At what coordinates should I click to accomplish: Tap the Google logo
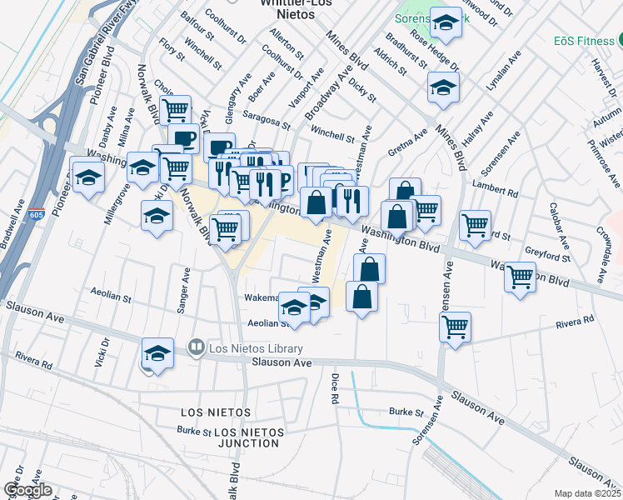point(27,490)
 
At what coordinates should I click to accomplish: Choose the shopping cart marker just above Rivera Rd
point(455,327)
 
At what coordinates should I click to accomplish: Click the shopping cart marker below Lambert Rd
point(475,224)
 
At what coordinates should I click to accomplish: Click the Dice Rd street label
point(336,393)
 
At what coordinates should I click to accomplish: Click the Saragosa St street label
point(267,121)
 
